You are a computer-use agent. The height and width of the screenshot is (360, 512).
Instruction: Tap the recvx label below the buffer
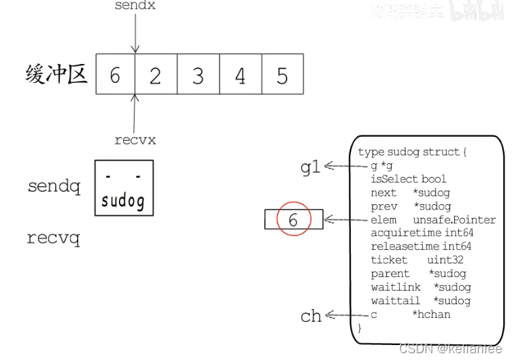point(135,140)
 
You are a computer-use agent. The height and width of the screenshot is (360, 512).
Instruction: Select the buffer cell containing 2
point(156,75)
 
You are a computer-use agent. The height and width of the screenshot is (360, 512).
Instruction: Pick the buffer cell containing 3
point(198,75)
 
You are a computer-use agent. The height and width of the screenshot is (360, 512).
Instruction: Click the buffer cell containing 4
point(240,75)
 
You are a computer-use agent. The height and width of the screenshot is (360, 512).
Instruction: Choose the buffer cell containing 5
point(282,75)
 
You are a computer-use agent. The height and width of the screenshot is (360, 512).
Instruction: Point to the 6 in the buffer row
point(115,75)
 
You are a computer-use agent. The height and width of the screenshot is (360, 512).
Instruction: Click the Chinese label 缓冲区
point(56,74)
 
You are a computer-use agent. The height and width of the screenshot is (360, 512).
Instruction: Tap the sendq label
point(54,186)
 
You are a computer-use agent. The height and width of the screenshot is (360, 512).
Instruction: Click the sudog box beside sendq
point(123,188)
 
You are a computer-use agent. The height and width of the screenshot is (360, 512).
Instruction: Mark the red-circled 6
point(293,220)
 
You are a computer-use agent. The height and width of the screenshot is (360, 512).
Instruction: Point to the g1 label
point(310,167)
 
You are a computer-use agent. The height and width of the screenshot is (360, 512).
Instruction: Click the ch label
point(311,316)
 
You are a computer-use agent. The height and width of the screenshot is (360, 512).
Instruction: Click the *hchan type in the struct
point(431,314)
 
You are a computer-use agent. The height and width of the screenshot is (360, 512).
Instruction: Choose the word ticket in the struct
point(389,260)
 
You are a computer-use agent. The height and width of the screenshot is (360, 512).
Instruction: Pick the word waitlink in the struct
point(396,287)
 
